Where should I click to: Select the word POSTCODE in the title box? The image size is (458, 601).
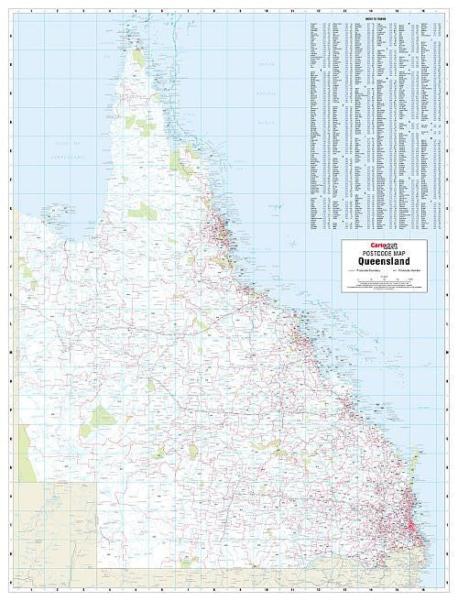click(365, 254)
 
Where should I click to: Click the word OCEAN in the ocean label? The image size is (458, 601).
click(266, 121)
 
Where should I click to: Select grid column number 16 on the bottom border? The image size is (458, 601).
click(422, 591)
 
